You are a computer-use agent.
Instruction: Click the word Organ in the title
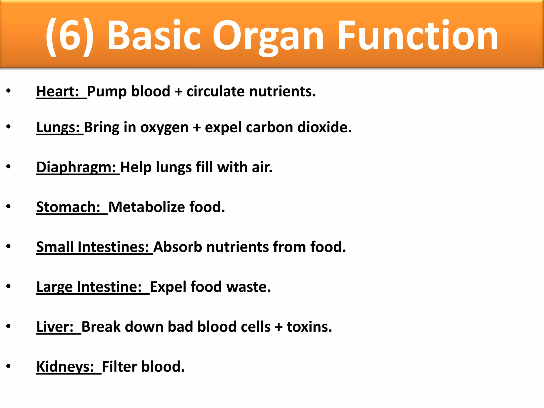268,36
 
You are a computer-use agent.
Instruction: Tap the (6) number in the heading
70,36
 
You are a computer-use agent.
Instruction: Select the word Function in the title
418,36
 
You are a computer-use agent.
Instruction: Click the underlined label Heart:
58,91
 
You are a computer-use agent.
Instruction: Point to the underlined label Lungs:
58,127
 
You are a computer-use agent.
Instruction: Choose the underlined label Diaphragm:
76,167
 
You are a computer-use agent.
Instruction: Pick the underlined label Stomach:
69,207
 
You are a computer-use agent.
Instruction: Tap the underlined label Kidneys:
65,367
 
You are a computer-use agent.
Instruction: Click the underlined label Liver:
55,327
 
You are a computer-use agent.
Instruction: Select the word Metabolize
147,207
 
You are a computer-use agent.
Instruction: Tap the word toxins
309,327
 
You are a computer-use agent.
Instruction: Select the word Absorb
178,247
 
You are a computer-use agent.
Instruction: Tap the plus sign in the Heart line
178,92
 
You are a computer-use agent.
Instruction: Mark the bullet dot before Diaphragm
8,167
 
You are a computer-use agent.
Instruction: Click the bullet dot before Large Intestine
8,286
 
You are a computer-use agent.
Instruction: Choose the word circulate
216,91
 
